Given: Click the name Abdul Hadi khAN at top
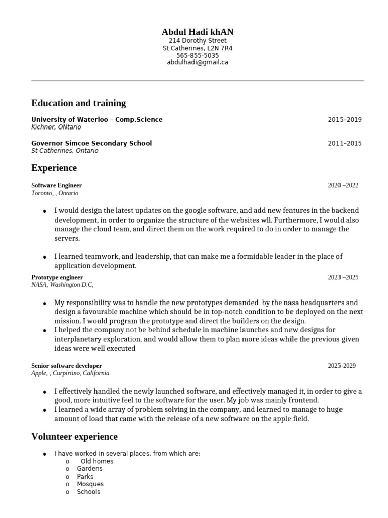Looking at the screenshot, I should pyautogui.click(x=198, y=32).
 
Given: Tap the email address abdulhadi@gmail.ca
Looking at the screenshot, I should pyautogui.click(x=198, y=62).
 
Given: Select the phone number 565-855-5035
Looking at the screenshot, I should pyautogui.click(x=198, y=55).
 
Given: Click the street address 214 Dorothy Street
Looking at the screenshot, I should pyautogui.click(x=198, y=40).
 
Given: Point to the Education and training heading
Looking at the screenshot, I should pyautogui.click(x=78, y=103).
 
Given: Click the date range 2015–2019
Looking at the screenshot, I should pyautogui.click(x=345, y=120).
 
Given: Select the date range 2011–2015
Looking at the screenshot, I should pyautogui.click(x=345, y=143).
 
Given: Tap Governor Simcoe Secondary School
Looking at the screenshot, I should pyautogui.click(x=91, y=143).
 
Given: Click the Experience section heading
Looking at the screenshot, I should pyautogui.click(x=54, y=167).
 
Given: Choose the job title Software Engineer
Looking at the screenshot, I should pyautogui.click(x=57, y=185).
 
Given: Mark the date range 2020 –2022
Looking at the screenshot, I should pyautogui.click(x=343, y=185).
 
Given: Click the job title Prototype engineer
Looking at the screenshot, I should pyautogui.click(x=57, y=277).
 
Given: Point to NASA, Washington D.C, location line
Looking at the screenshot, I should pyautogui.click(x=63, y=285).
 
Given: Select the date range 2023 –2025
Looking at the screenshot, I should pyautogui.click(x=343, y=277).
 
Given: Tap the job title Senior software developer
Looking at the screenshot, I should pyautogui.click(x=67, y=365).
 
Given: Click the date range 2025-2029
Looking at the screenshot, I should pyautogui.click(x=342, y=365).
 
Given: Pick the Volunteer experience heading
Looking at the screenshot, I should pyautogui.click(x=74, y=436).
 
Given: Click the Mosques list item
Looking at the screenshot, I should pyautogui.click(x=90, y=484).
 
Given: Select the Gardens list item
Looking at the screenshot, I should pyautogui.click(x=89, y=469).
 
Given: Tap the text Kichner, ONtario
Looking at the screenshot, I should pyautogui.click(x=56, y=127).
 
